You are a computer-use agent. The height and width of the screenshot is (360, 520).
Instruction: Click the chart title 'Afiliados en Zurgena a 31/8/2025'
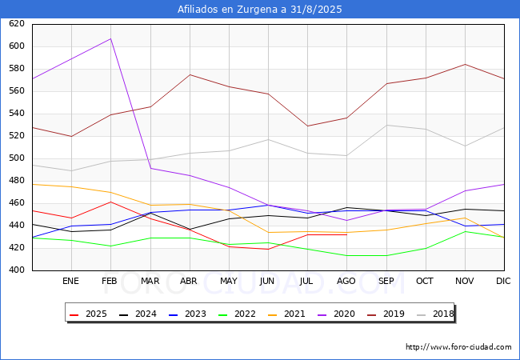(260, 10)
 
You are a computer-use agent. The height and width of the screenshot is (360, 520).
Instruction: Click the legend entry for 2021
(288, 314)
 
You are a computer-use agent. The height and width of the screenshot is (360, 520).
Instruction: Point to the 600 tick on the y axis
(16, 46)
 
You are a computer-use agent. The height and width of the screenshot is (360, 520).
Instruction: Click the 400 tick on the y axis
(16, 270)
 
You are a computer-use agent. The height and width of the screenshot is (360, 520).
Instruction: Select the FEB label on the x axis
(110, 282)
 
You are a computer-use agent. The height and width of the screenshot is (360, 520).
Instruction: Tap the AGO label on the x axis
(346, 282)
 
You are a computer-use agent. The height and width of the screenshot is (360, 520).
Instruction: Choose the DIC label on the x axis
(503, 282)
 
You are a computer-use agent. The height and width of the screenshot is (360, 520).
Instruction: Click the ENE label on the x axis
(71, 282)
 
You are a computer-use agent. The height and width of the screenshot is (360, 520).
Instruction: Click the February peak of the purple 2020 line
(110, 38)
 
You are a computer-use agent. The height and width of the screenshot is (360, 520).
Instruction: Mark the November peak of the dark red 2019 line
(464, 64)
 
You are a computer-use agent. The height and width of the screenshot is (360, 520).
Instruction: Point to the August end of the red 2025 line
(346, 234)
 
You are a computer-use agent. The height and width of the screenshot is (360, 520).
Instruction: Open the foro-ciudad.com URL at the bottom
(458, 347)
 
